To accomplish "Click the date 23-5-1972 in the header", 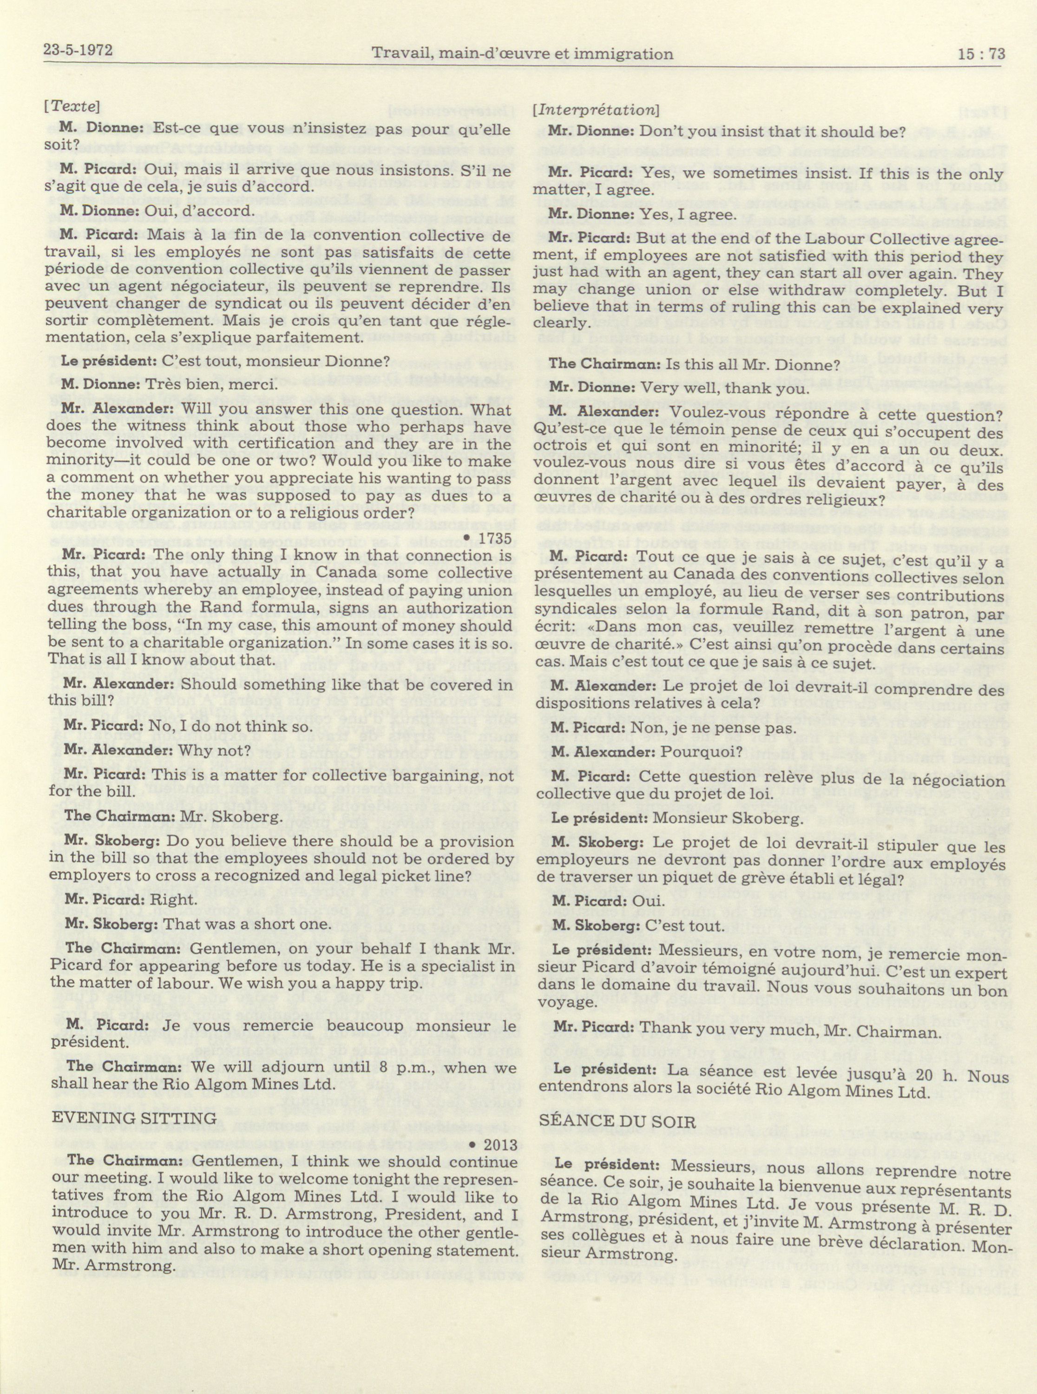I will click(x=78, y=50).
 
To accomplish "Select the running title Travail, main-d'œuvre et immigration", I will click(x=522, y=54).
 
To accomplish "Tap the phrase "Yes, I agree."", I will click(x=687, y=214).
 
